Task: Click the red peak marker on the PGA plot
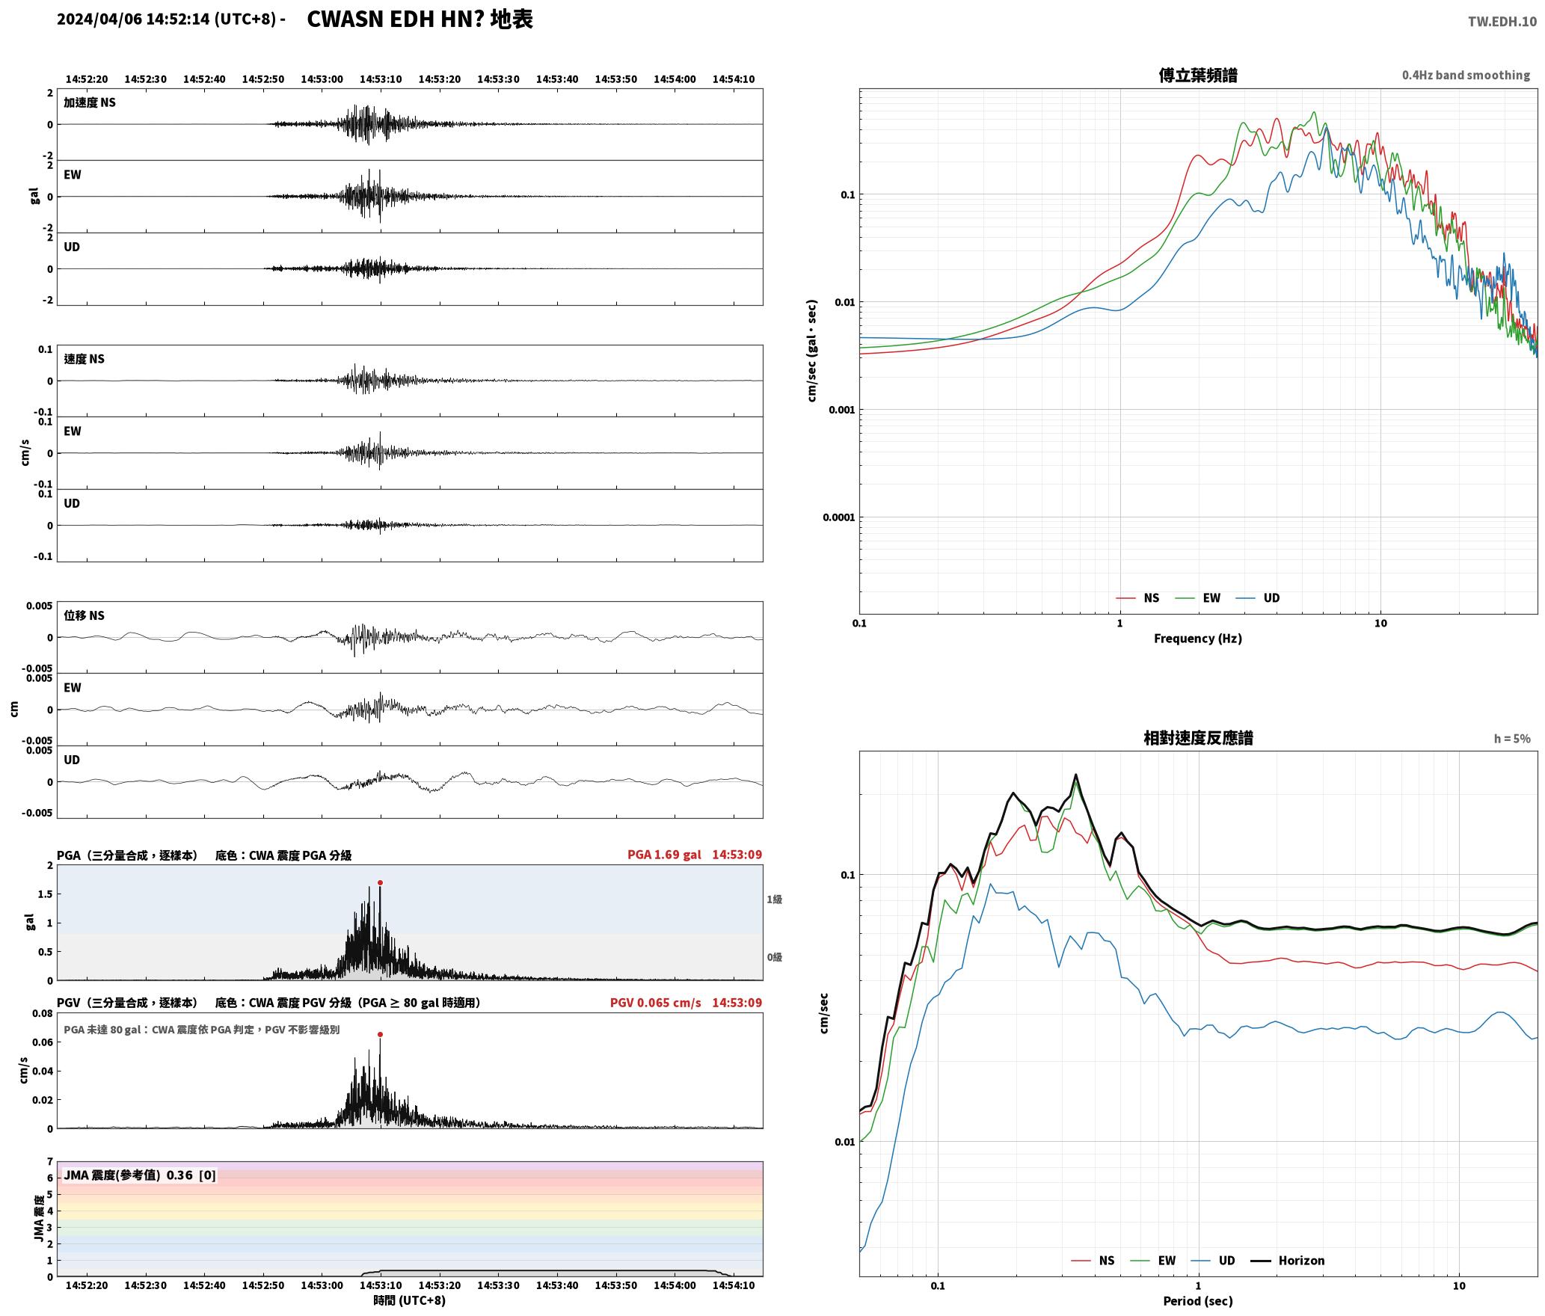pyautogui.click(x=380, y=882)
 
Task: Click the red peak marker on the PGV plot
pyautogui.click(x=380, y=1034)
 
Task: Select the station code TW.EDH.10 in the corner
pyautogui.click(x=1502, y=21)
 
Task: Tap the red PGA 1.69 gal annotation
pyautogui.click(x=664, y=855)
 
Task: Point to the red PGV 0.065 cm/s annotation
pyautogui.click(x=655, y=1003)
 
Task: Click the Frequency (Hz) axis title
pyautogui.click(x=1197, y=639)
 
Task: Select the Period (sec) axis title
pyautogui.click(x=1197, y=1301)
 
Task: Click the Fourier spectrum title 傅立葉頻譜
pyautogui.click(x=1197, y=76)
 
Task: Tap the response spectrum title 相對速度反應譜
pyautogui.click(x=1198, y=738)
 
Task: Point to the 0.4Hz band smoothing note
pyautogui.click(x=1466, y=76)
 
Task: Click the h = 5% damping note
pyautogui.click(x=1512, y=739)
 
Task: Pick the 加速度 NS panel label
pyautogui.click(x=90, y=102)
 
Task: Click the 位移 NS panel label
pyautogui.click(x=84, y=615)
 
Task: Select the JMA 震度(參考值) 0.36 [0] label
pyautogui.click(x=140, y=1175)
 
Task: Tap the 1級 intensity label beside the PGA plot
pyautogui.click(x=774, y=900)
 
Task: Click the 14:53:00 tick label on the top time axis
pyautogui.click(x=322, y=79)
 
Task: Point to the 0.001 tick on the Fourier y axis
pyautogui.click(x=841, y=410)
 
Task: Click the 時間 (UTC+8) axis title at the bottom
pyautogui.click(x=409, y=1301)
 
